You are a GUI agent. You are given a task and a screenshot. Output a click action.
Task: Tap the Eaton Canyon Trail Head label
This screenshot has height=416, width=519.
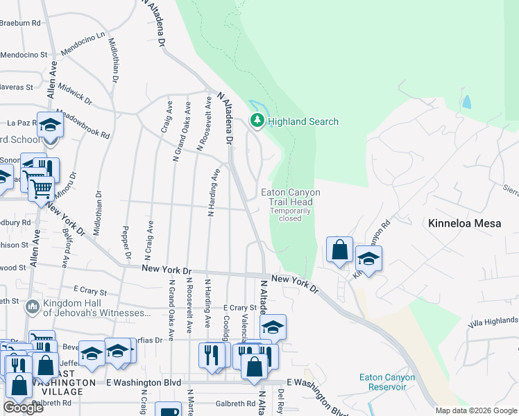286,197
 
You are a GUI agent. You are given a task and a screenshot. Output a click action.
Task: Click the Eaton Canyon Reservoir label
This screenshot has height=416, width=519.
387,382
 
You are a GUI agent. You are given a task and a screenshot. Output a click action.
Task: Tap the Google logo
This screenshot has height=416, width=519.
24,408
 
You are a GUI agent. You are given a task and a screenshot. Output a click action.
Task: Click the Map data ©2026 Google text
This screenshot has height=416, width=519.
476,410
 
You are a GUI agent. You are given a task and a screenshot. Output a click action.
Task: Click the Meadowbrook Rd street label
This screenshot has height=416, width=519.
83,123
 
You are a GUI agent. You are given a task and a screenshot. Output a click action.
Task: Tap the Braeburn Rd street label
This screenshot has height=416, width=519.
19,23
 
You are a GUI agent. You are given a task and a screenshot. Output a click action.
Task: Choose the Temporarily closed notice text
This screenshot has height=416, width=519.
286,214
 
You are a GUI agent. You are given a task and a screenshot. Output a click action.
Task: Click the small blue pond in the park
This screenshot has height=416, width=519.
466,102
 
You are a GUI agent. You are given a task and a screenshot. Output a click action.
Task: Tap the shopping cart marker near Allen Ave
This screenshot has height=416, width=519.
42,187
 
